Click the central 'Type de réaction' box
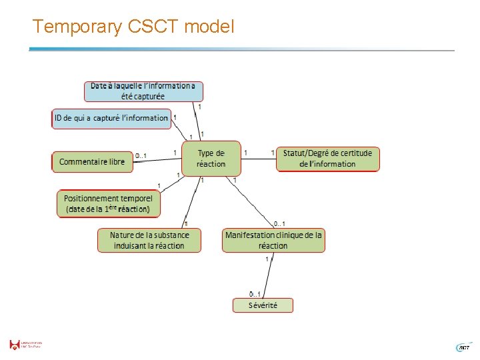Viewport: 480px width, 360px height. [x=211, y=158]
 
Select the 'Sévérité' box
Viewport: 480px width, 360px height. [x=263, y=305]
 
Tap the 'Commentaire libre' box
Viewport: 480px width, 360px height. [x=92, y=162]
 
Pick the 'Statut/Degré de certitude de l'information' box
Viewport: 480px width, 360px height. [x=327, y=159]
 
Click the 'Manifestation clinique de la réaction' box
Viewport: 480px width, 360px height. [x=273, y=240]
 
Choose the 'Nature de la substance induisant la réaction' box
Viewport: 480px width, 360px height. [x=149, y=240]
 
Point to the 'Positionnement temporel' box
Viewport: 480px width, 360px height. [x=109, y=203]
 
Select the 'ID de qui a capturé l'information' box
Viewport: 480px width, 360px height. [x=111, y=118]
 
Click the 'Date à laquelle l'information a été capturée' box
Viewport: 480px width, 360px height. [x=143, y=91]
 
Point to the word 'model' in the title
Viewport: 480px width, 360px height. [x=209, y=27]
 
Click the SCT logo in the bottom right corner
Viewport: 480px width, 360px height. [x=463, y=347]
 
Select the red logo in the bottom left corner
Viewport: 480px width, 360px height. [x=15, y=345]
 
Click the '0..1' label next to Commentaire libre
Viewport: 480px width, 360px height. [x=141, y=156]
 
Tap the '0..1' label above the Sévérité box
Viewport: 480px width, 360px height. [x=255, y=293]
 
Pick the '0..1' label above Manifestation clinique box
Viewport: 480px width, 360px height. [x=280, y=223]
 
